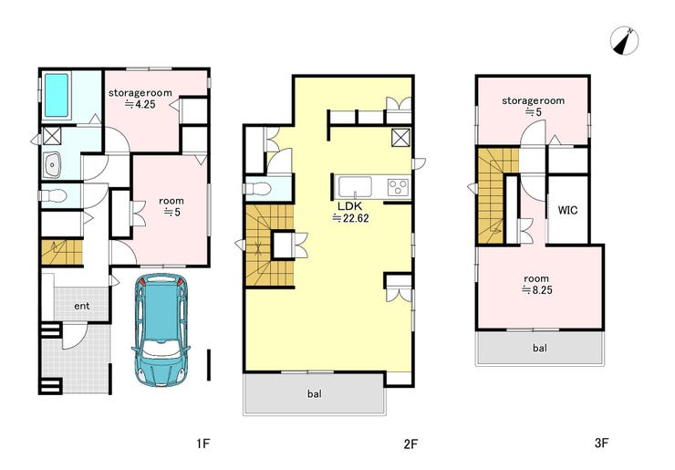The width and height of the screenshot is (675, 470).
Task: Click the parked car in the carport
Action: coord(161,329)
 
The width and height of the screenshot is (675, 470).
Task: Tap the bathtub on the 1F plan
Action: coord(57,95)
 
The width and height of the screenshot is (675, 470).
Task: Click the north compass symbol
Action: coord(624,41)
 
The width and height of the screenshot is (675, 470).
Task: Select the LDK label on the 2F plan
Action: coord(349,206)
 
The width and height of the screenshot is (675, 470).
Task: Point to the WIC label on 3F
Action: coord(567,210)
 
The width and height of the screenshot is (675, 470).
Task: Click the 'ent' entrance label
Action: coord(82,306)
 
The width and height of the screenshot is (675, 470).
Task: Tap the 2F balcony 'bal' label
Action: coord(315,393)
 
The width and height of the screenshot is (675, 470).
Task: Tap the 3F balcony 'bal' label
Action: coord(539,348)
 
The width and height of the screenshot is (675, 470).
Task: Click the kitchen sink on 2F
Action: coord(355,186)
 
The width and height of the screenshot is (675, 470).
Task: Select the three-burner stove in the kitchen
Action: coord(398,187)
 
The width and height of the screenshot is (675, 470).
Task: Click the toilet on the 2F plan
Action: coord(256,189)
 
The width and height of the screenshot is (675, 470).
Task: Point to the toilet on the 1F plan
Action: coord(53,195)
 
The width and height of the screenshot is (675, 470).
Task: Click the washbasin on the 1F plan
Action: coord(52,164)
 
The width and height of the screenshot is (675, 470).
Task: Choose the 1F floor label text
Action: coord(202,443)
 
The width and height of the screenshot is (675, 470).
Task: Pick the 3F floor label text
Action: coord(601,442)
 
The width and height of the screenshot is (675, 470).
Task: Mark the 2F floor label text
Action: coord(410,444)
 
